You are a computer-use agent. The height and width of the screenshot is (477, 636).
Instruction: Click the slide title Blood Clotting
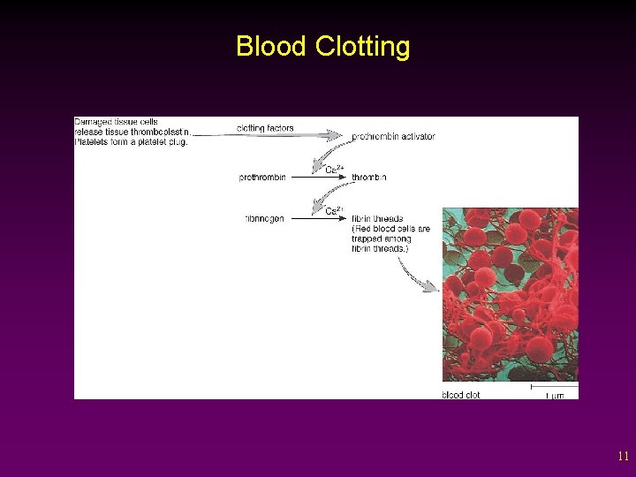click(322, 46)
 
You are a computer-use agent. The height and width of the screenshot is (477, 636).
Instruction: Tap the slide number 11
click(623, 457)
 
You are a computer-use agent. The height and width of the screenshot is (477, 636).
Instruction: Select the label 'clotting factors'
click(265, 128)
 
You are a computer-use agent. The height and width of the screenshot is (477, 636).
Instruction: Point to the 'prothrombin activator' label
click(393, 137)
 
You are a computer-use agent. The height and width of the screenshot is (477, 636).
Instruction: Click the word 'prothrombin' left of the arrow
click(262, 178)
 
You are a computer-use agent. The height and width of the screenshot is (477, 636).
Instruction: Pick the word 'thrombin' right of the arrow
click(369, 178)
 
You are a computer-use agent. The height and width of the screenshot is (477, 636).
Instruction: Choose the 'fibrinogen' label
click(264, 218)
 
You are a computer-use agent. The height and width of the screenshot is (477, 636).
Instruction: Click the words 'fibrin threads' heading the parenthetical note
click(377, 218)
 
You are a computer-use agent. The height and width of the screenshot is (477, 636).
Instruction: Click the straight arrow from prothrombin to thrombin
click(319, 178)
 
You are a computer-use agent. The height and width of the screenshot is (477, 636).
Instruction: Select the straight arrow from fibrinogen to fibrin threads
click(319, 218)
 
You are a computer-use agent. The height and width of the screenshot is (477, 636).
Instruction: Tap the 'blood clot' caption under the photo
click(461, 395)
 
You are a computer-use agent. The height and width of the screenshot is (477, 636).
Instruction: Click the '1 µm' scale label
click(554, 395)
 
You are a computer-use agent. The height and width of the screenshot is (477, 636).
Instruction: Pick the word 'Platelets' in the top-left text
click(92, 141)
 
